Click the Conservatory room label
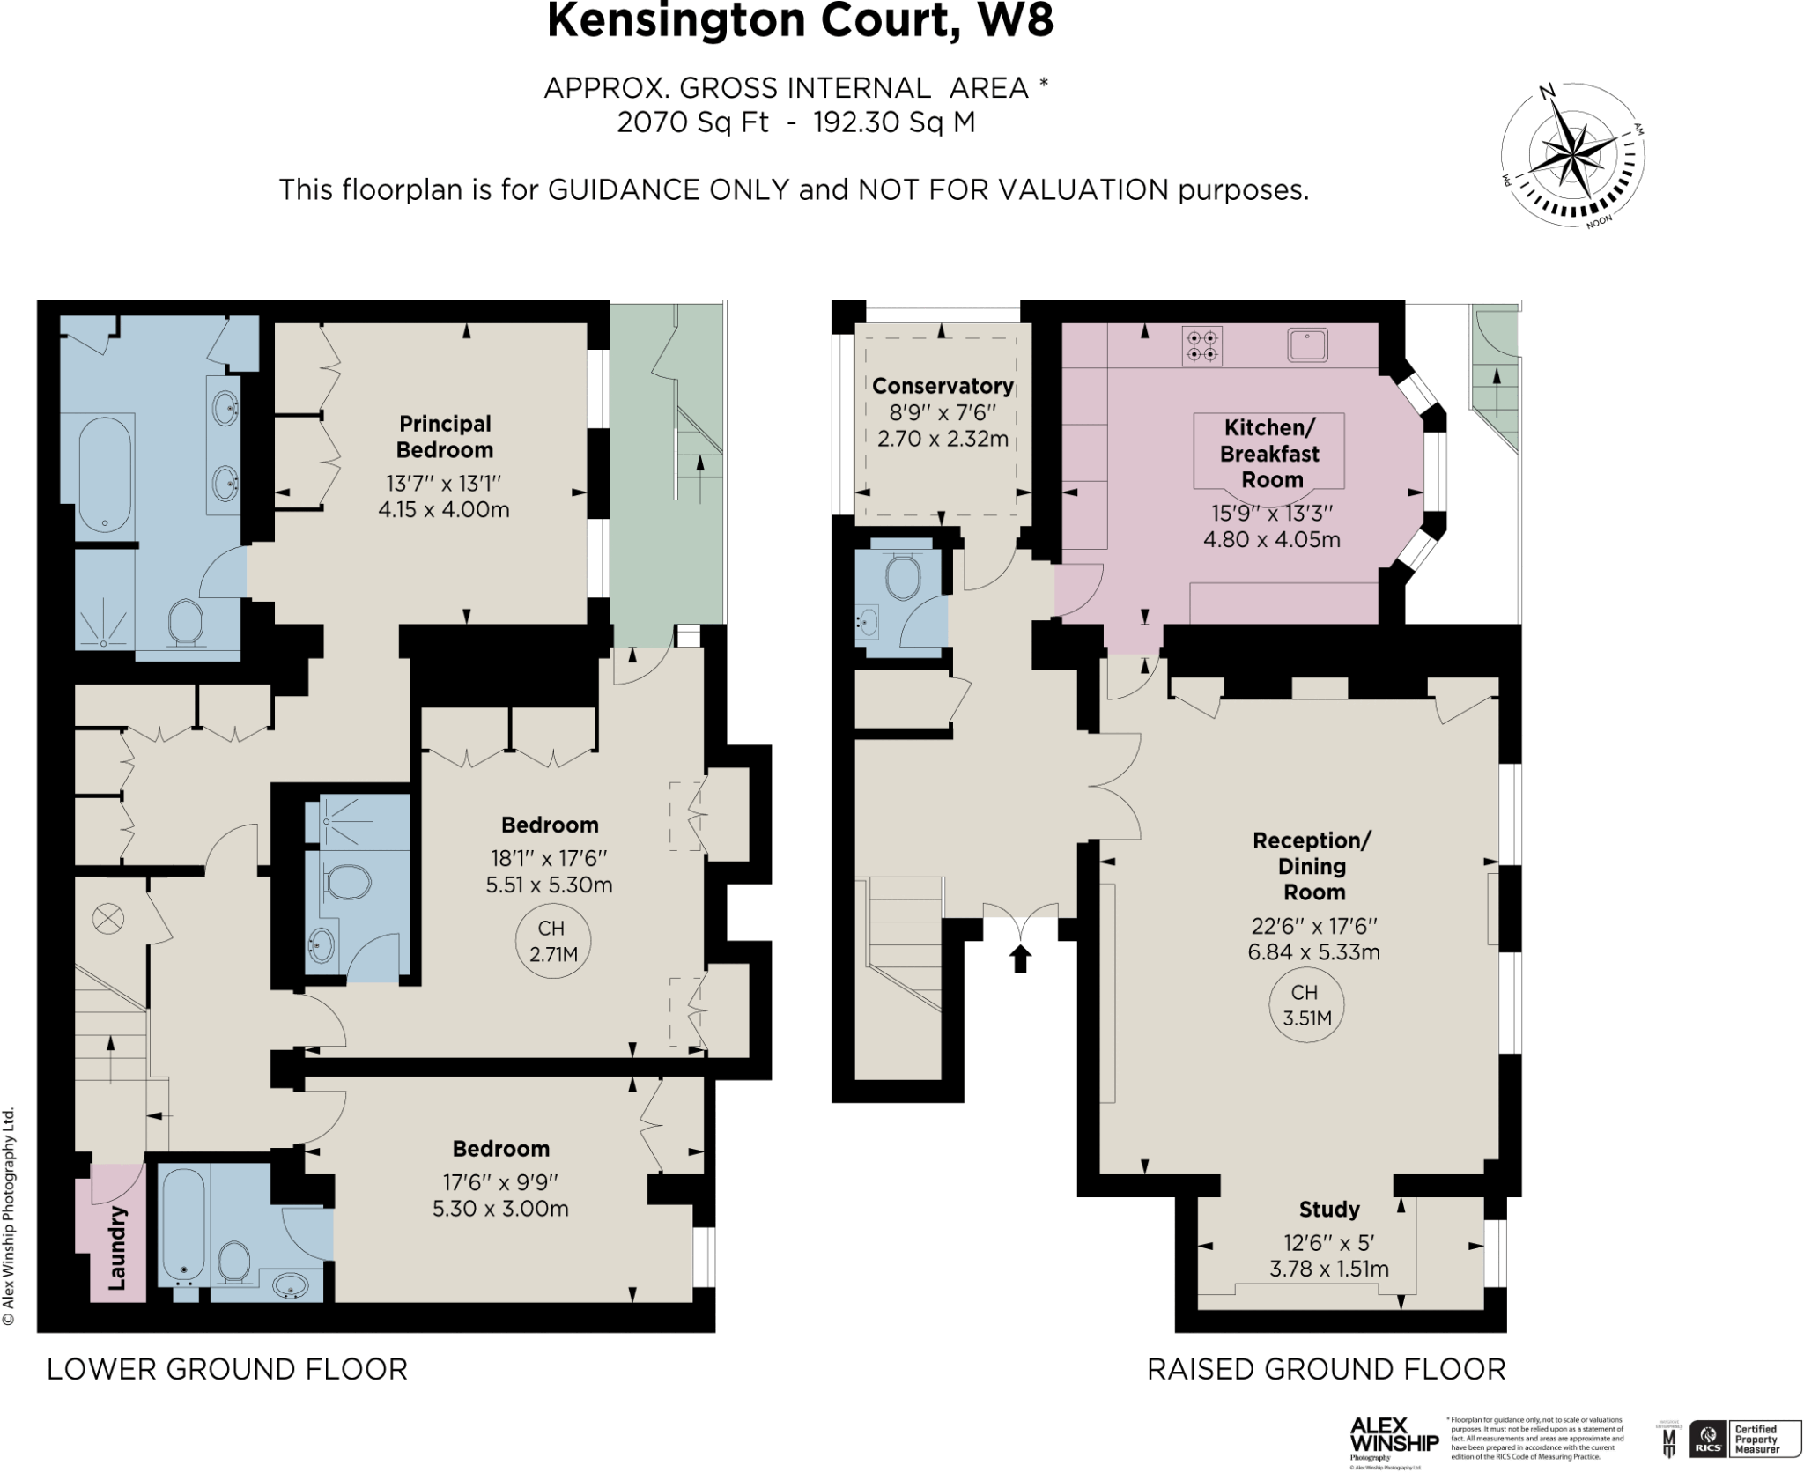click(943, 386)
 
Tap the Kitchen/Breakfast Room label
click(1270, 454)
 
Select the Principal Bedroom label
click(444, 437)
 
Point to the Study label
click(1329, 1210)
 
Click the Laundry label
click(117, 1248)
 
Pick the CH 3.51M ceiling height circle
click(1306, 1005)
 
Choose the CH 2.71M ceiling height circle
click(552, 941)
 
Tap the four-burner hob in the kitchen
click(1202, 346)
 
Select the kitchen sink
click(1308, 344)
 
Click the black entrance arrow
click(1020, 959)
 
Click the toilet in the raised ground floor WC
click(902, 578)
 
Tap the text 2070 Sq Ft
click(692, 122)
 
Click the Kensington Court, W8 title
click(799, 21)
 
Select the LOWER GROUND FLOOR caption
click(227, 1369)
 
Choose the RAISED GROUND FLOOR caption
click(1326, 1369)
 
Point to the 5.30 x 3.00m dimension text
click(500, 1210)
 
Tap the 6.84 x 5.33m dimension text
click(1313, 952)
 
